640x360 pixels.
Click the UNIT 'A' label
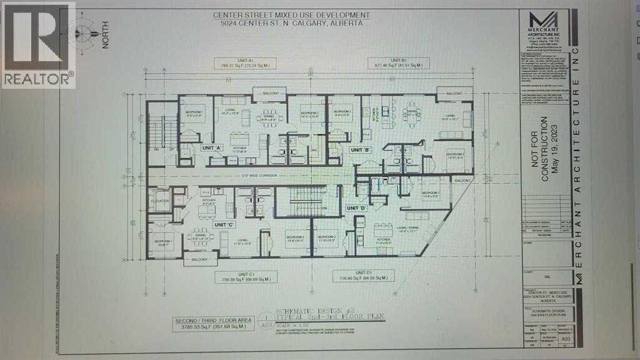[211, 148]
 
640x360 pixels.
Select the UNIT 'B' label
[361, 150]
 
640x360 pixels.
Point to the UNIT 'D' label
[356, 208]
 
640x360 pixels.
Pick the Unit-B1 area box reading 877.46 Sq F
[397, 64]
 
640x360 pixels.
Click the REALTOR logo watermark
[38, 44]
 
